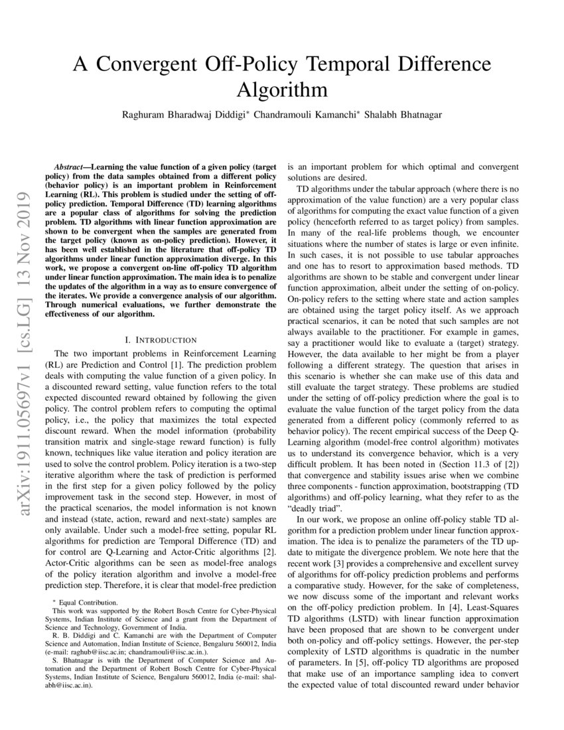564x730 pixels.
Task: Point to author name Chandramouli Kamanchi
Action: pos(305,114)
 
